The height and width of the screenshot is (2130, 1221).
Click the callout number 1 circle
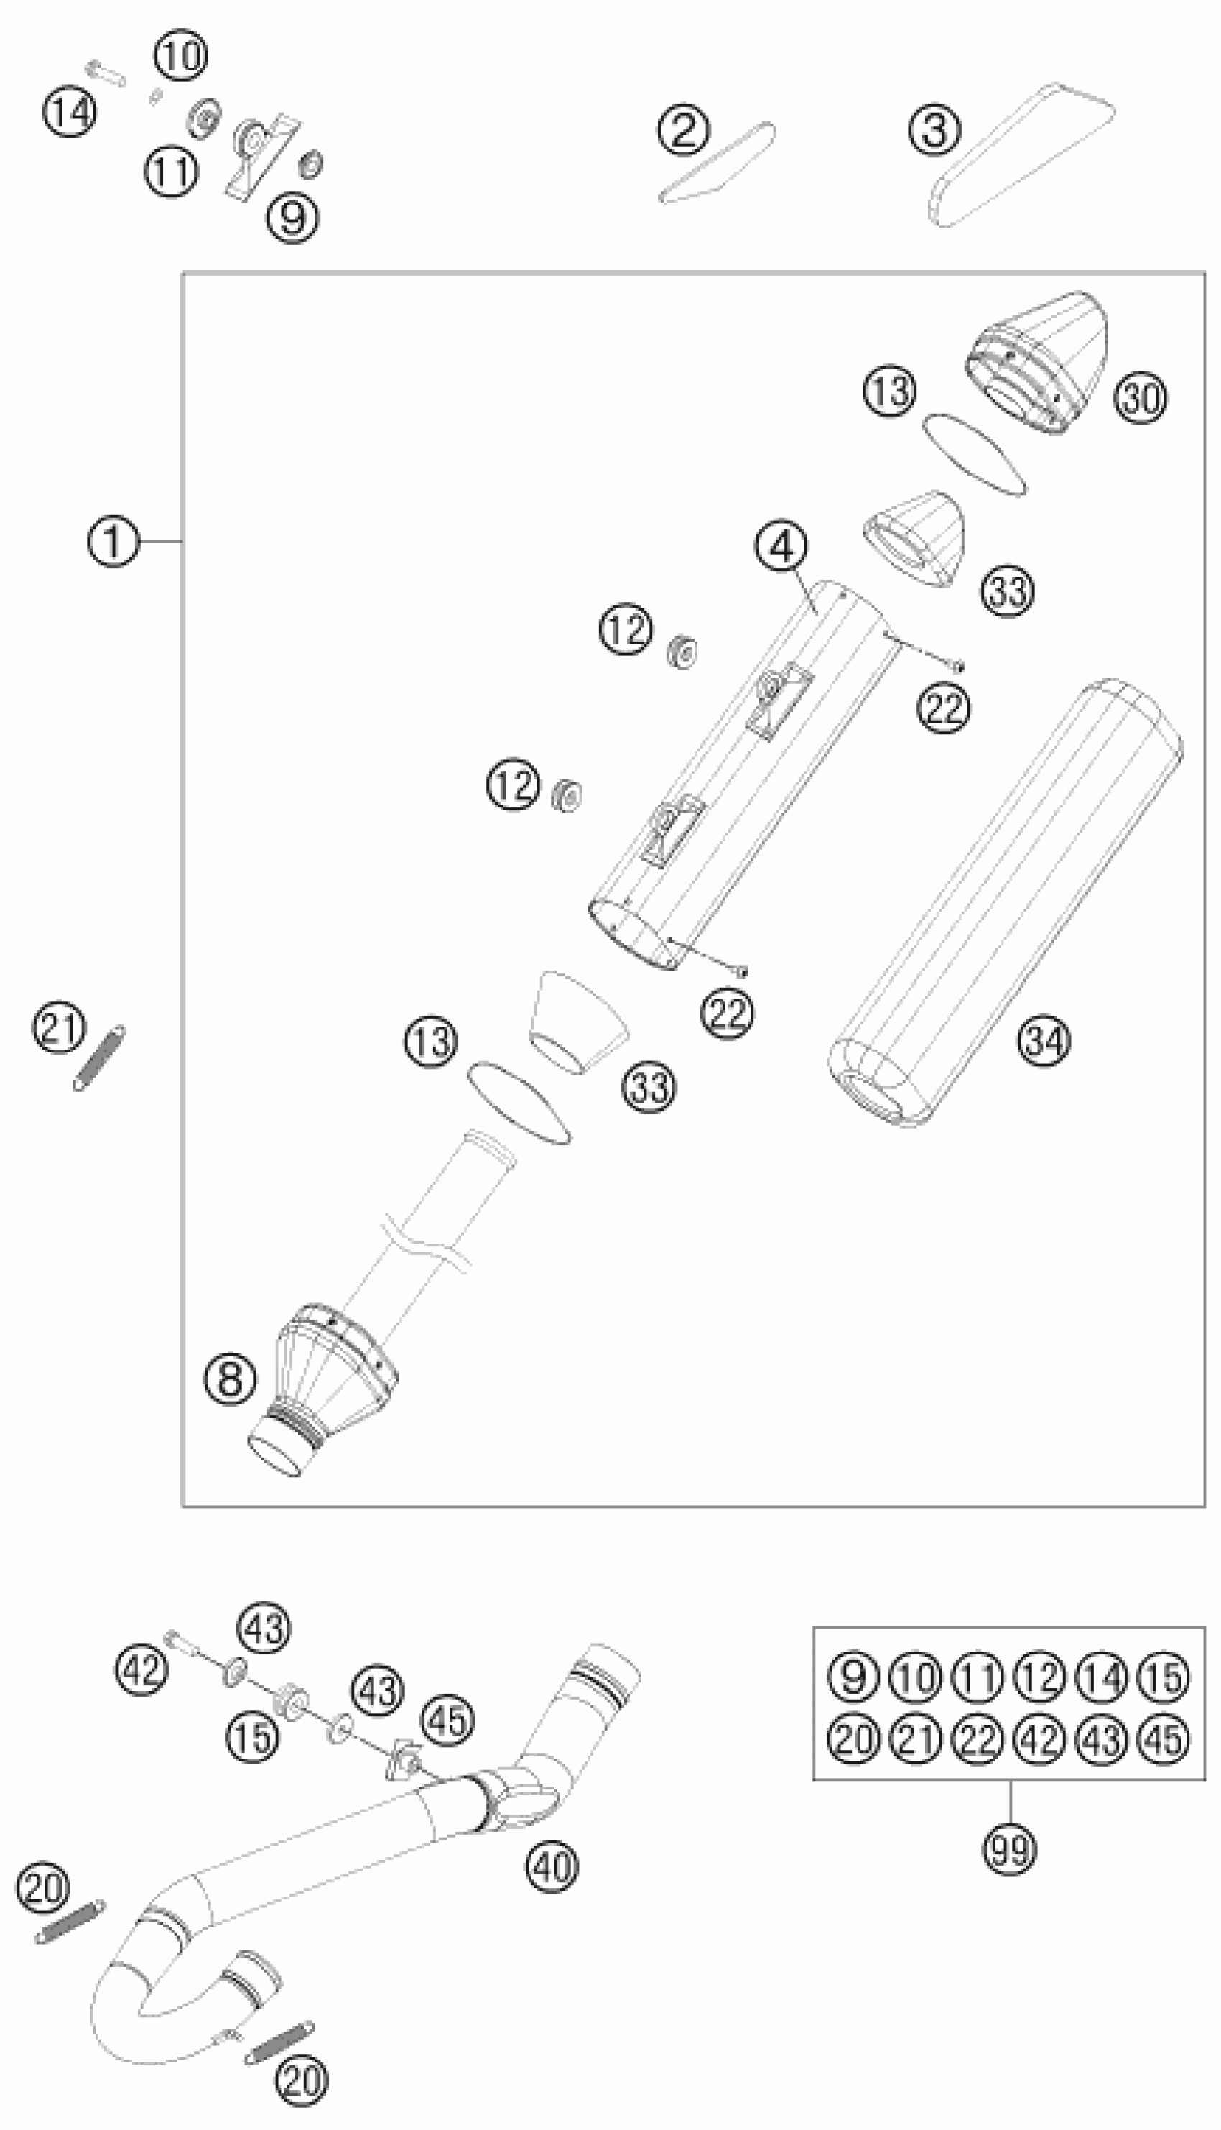111,542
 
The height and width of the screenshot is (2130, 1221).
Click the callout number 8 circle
230,1378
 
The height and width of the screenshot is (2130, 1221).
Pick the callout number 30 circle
1141,397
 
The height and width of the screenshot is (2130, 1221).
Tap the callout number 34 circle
1044,1041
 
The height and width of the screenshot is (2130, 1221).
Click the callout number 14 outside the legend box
69,111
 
